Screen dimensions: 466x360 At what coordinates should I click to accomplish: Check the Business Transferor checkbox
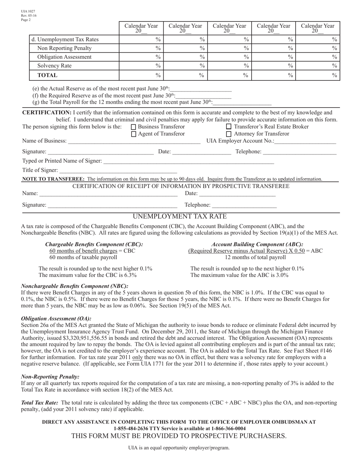133,127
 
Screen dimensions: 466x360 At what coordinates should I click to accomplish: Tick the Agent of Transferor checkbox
133,134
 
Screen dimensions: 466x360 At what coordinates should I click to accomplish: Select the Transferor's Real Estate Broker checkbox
229,127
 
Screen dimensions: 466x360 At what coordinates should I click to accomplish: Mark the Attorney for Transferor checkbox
229,134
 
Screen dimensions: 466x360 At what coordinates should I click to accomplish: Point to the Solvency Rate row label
54,66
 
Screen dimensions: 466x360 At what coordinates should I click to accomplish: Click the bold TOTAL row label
47,75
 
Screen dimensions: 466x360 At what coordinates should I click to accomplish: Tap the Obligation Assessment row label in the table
64,57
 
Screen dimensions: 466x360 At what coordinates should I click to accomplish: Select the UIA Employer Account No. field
305,142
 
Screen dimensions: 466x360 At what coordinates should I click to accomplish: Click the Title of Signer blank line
118,170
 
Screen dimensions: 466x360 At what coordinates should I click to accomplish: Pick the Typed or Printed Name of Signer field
188,162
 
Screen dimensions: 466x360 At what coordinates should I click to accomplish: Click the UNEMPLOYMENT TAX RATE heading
180,217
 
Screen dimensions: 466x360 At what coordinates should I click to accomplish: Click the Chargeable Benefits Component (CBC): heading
94,244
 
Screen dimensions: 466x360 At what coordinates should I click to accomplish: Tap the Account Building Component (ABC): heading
257,244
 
